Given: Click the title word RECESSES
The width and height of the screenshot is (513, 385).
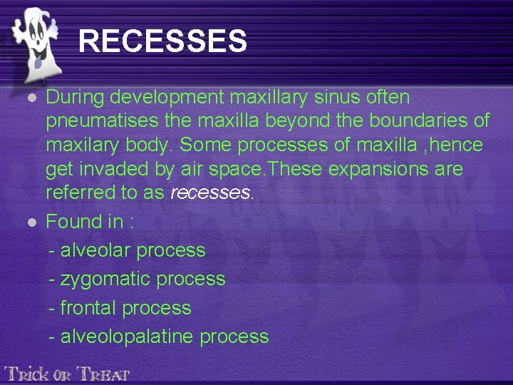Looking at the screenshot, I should [162, 41].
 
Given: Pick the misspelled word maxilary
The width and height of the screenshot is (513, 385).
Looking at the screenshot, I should [81, 145].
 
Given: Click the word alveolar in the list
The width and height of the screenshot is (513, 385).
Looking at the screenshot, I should [95, 250].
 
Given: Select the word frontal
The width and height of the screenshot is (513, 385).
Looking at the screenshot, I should [89, 308].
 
